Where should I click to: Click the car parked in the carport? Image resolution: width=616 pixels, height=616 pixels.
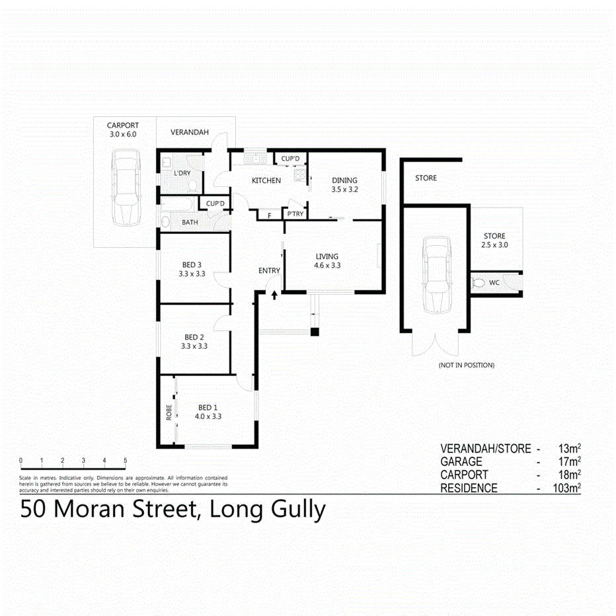(x=126, y=187)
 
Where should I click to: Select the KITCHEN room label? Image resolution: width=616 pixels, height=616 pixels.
(x=266, y=180)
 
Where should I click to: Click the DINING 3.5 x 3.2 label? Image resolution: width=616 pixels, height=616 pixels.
(x=344, y=184)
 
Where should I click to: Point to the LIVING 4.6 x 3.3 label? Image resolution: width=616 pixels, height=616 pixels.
(x=327, y=261)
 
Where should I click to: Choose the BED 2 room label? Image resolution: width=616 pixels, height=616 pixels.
(x=194, y=340)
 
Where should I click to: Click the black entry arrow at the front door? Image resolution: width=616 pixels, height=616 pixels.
(x=274, y=294)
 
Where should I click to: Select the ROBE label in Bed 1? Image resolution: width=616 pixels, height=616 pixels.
(x=169, y=412)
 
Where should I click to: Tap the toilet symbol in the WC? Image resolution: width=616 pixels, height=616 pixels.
(x=479, y=283)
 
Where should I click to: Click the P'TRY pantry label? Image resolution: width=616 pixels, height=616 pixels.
(x=294, y=214)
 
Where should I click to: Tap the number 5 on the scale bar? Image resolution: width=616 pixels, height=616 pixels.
(x=125, y=461)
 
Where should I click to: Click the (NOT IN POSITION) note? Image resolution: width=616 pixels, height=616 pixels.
(x=466, y=365)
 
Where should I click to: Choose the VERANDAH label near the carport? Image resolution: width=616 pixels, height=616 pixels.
(x=190, y=132)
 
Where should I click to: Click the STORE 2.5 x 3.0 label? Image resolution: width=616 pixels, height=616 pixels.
(x=494, y=241)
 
